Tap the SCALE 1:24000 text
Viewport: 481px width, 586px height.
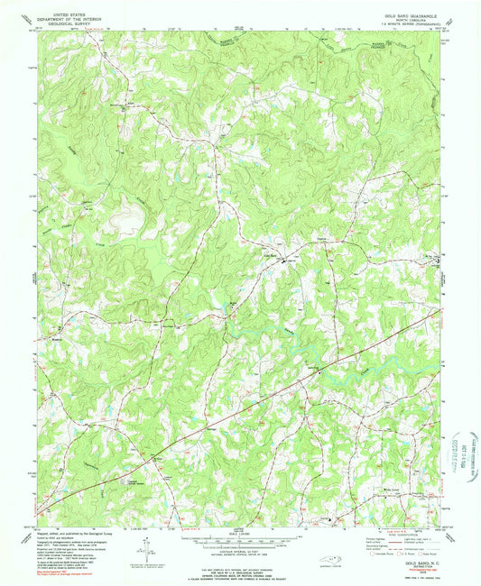[241, 534]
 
